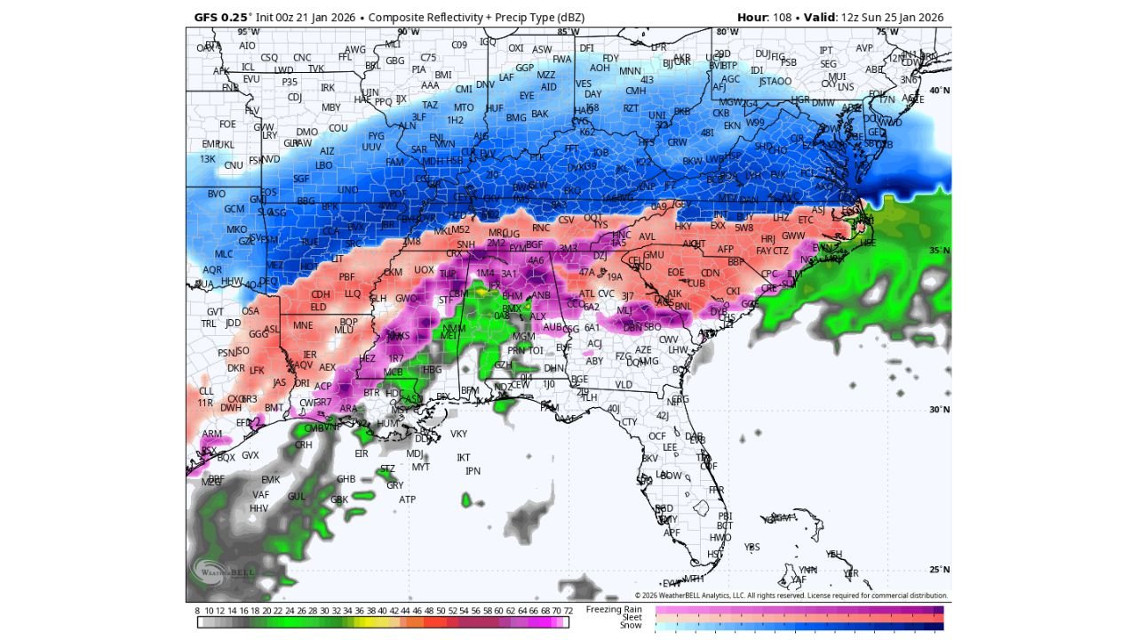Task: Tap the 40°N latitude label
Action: [939, 91]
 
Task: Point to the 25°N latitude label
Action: [939, 570]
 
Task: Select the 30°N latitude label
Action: [939, 410]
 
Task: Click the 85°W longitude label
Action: [568, 32]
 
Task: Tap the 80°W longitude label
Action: [727, 32]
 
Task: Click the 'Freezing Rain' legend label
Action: [614, 609]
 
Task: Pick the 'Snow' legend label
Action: [630, 625]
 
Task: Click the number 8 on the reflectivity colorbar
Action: [197, 611]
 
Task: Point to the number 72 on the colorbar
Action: [568, 611]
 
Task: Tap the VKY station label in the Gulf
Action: [458, 434]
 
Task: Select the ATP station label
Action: [407, 500]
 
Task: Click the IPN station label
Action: [473, 471]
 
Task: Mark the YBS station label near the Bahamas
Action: [752, 547]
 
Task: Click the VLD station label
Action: [624, 385]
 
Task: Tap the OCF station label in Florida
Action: [656, 436]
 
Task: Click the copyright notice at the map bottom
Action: [791, 596]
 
